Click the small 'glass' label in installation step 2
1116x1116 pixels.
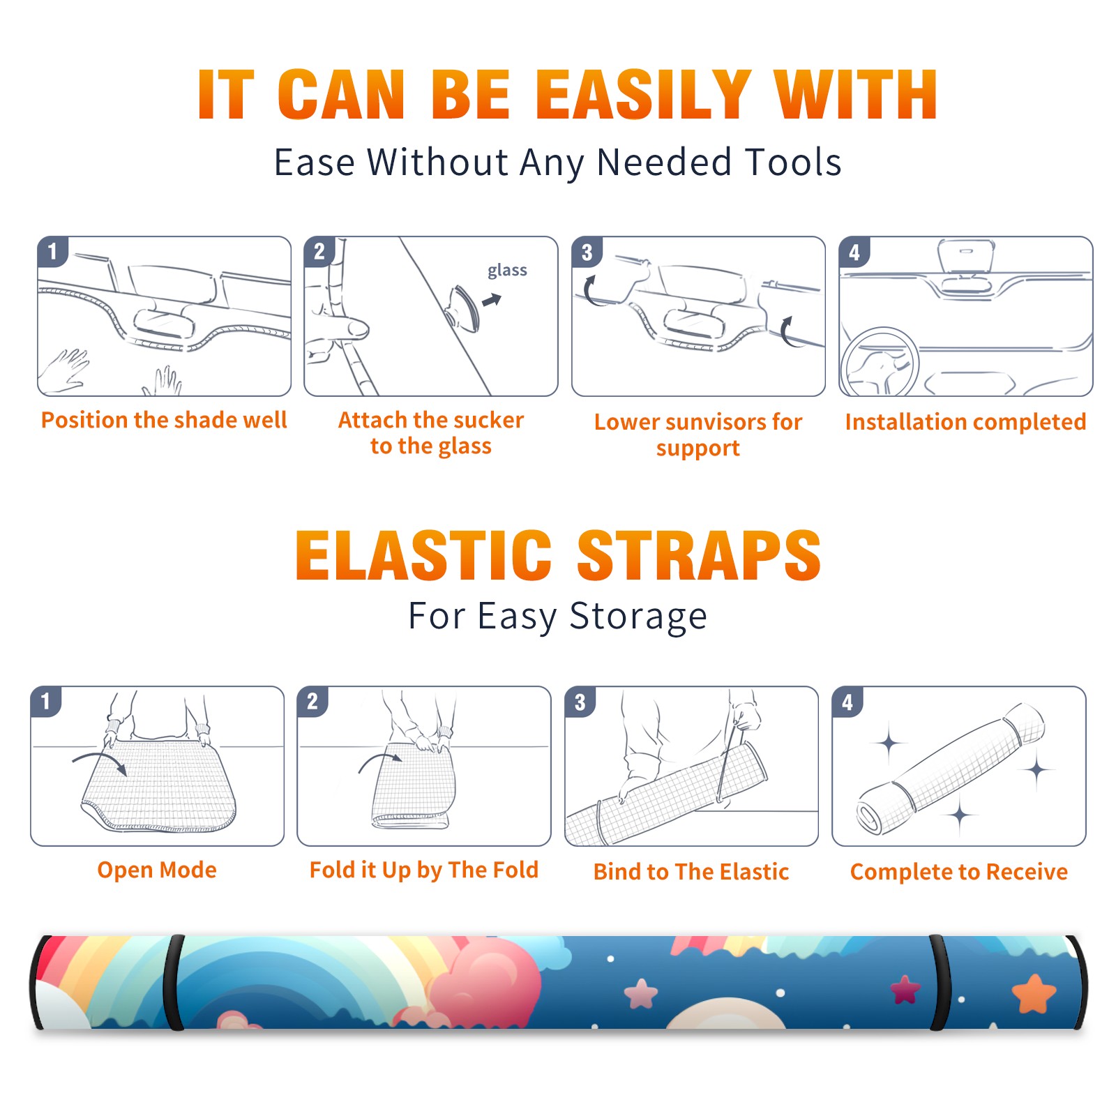point(507,271)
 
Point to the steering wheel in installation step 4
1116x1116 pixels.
point(880,362)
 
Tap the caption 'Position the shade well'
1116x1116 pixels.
point(164,420)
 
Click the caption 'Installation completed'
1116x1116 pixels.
point(965,422)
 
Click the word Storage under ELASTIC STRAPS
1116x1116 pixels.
point(638,617)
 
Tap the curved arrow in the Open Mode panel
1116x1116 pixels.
point(100,762)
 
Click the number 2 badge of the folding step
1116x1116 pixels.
point(312,701)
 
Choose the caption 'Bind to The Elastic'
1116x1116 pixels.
point(691,872)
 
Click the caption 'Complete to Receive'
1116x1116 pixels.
point(959,872)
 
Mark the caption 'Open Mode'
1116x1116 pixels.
point(157,870)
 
